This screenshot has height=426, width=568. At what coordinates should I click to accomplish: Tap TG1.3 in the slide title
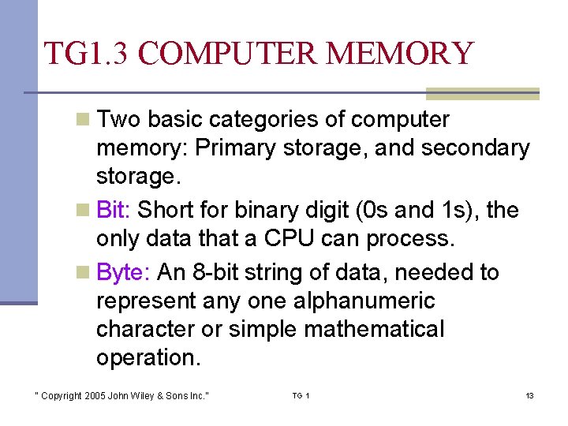[89, 53]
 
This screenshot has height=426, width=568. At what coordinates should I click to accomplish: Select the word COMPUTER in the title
[230, 53]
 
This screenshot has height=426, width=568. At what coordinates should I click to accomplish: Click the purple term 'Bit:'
[114, 210]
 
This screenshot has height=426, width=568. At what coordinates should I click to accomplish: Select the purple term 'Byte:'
[123, 273]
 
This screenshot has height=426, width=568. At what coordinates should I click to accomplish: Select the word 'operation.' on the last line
[148, 357]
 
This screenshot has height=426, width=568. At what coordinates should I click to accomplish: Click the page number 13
[529, 395]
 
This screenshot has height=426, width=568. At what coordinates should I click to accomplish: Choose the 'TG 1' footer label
[301, 395]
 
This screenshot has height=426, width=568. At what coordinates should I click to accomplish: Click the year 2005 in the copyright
[92, 395]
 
